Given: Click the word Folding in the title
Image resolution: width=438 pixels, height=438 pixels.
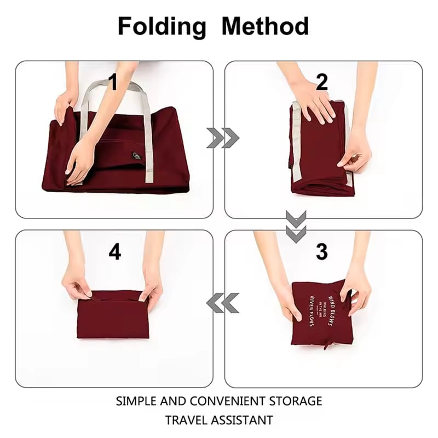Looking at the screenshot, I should (162, 26).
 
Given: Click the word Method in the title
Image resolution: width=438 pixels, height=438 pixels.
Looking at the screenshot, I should (265, 26).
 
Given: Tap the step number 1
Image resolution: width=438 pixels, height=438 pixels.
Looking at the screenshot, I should (113, 83).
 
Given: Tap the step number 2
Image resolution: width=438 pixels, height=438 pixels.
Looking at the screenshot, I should (322, 83).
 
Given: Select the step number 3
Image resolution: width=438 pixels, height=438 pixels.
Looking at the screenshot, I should (322, 252).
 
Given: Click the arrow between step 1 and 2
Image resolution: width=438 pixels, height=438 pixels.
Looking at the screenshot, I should (222, 138).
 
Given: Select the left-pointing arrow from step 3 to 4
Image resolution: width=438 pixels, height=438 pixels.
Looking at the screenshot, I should (222, 303).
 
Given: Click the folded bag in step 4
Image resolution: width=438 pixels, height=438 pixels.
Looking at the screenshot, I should (113, 316).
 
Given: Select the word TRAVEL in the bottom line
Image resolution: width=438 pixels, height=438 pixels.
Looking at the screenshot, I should (189, 420).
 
